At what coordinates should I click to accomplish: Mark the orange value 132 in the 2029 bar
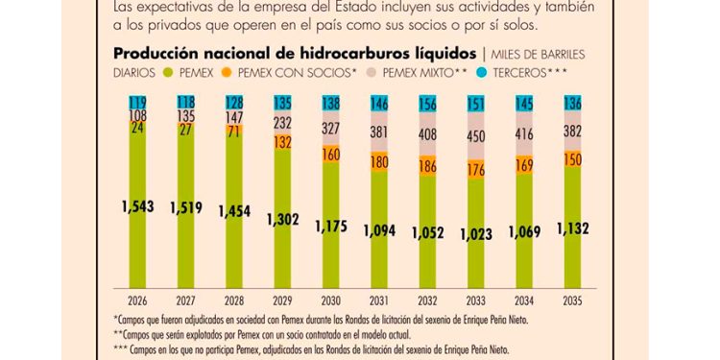[x=282, y=142]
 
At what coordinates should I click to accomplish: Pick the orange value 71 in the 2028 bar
[x=232, y=132]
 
